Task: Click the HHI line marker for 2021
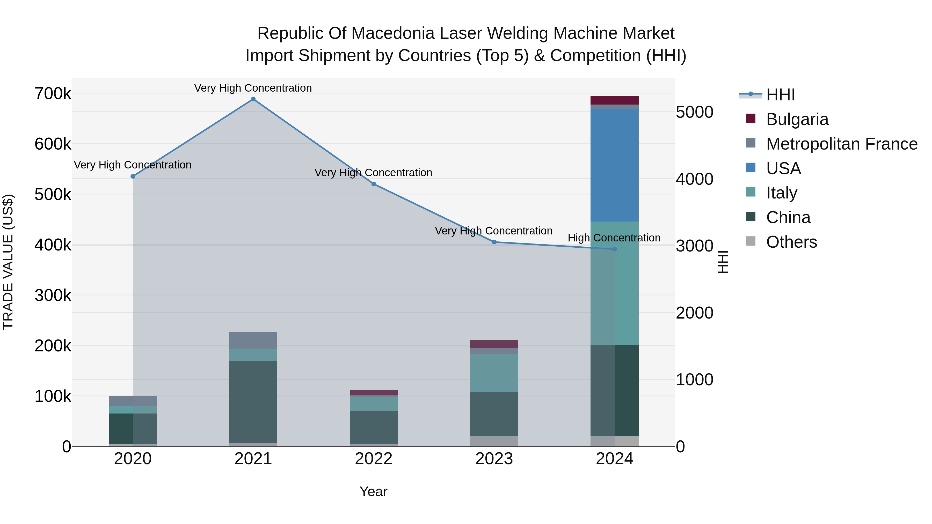pos(253,99)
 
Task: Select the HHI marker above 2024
pos(614,249)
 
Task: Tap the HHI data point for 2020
pos(133,176)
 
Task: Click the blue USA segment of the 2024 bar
pos(614,165)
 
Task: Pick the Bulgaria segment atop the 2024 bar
pos(614,100)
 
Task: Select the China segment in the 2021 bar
pos(253,401)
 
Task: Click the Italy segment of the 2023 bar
pos(494,373)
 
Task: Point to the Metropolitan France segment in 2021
pos(253,340)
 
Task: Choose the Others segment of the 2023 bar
pos(494,441)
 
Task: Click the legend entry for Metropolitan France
pos(842,144)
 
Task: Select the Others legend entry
pos(791,242)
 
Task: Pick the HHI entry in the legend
pos(780,95)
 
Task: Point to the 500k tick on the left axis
pos(53,195)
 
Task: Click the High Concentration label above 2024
pos(614,238)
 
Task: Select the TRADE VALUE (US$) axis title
pos(8,262)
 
